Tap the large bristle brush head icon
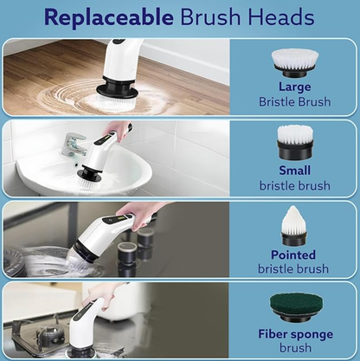coord(294,62)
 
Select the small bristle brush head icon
coord(294,141)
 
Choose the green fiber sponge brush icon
coord(294,304)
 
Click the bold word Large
coord(294,87)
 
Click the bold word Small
coord(294,171)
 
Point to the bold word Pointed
coord(294,255)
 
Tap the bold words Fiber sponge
coord(294,332)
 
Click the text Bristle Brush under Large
coord(294,101)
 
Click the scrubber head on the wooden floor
coord(112,91)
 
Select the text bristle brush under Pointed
coord(294,268)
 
